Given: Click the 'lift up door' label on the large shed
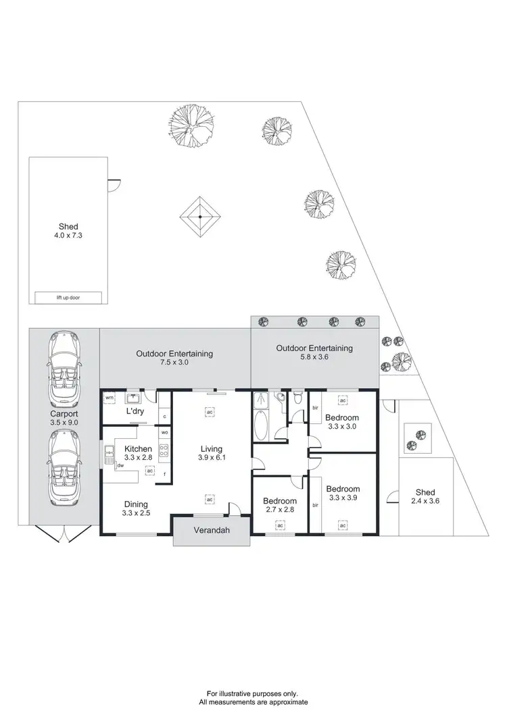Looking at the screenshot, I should pyautogui.click(x=68, y=297).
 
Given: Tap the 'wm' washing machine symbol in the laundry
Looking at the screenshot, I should pyautogui.click(x=109, y=398).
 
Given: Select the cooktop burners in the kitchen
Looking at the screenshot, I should pyautogui.click(x=164, y=450).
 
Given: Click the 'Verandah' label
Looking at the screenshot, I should pyautogui.click(x=212, y=531).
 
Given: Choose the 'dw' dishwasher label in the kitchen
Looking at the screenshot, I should pyautogui.click(x=120, y=464).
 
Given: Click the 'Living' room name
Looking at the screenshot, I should pyautogui.click(x=211, y=449).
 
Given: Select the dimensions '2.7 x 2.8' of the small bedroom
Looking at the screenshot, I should pyautogui.click(x=280, y=511).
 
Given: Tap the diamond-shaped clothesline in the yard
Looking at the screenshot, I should pyautogui.click(x=201, y=217).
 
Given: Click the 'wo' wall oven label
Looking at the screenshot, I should pyautogui.click(x=164, y=432).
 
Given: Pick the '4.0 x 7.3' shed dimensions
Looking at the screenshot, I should pyautogui.click(x=68, y=236).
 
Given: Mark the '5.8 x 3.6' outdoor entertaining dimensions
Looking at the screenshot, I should pyautogui.click(x=314, y=358).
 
